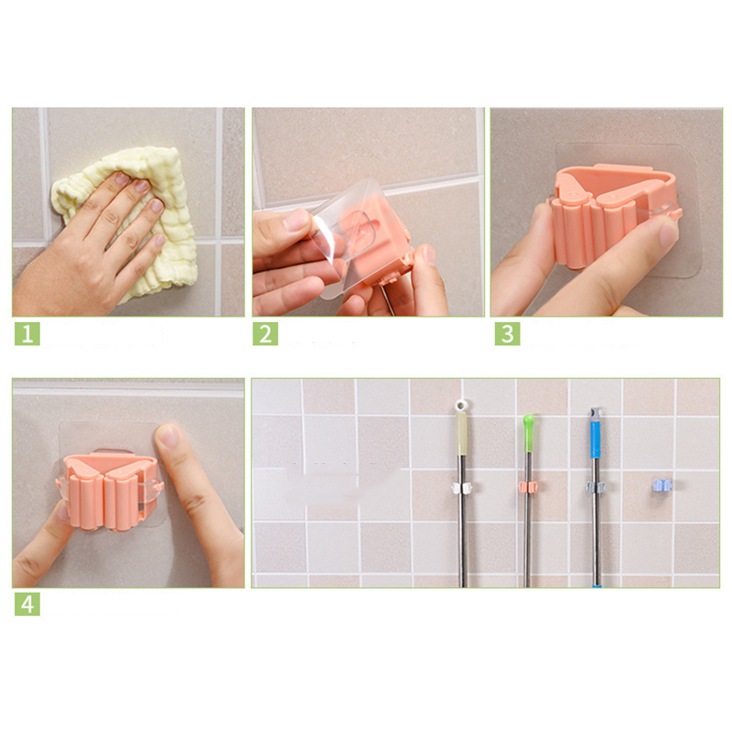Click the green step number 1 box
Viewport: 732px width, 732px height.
point(27,333)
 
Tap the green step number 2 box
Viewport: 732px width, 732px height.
point(265,333)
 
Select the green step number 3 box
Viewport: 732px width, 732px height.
point(508,333)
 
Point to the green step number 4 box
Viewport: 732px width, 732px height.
point(27,604)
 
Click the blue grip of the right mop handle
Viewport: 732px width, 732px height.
point(596,440)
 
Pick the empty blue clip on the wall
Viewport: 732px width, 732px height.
point(662,486)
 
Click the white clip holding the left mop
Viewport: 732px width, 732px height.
point(462,488)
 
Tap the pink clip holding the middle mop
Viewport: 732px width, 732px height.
point(529,487)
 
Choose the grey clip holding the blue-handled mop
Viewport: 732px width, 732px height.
point(596,487)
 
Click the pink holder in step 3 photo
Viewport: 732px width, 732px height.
point(607,210)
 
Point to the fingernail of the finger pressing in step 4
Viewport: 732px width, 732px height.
point(167,436)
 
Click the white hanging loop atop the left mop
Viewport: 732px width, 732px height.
point(462,405)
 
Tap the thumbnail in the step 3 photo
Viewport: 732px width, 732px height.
point(668,233)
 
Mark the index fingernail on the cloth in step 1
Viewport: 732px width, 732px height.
point(142,187)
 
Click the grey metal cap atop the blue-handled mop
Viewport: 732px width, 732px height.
point(596,414)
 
